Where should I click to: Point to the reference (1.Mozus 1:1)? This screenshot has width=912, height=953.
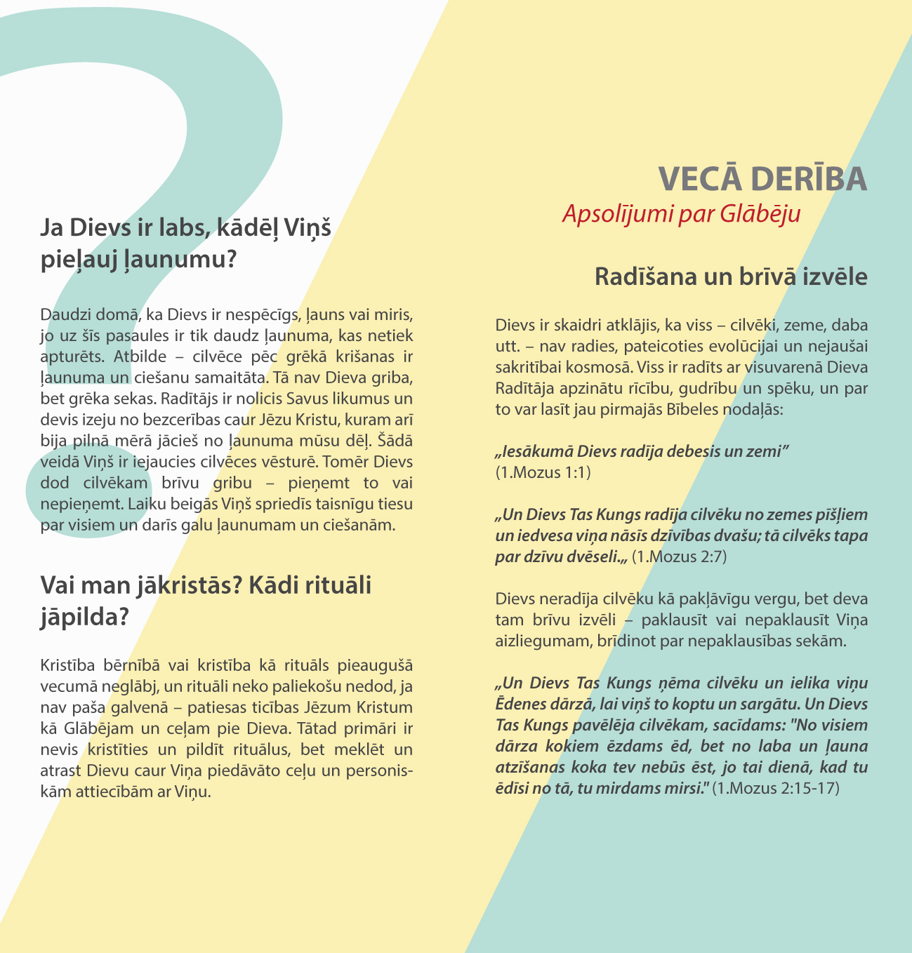tap(543, 472)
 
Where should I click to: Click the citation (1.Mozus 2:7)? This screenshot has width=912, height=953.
tap(679, 557)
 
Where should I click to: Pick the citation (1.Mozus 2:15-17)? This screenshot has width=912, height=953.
tap(775, 788)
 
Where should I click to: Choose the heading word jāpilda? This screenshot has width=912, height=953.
tap(84, 616)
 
